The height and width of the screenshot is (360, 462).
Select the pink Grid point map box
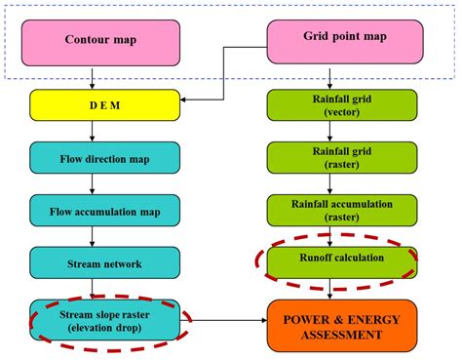(345, 40)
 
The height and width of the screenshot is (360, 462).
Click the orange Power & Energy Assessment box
(333, 326)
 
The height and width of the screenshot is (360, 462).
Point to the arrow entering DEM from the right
(195, 98)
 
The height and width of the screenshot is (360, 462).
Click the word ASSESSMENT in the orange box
(333, 335)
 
